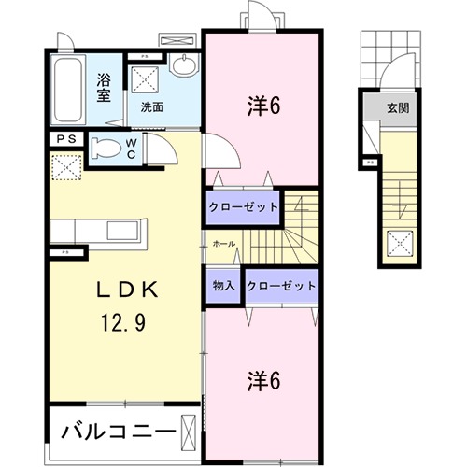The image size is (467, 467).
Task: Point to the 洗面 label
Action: point(152,107)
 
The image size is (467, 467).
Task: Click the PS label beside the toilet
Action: point(65,140)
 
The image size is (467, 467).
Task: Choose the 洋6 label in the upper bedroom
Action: point(264,105)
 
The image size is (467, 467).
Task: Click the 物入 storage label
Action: point(223,286)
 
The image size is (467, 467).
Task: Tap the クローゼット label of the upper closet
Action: point(243,206)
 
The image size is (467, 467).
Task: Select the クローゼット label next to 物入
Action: point(281,286)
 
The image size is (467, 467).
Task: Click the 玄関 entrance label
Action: point(398,106)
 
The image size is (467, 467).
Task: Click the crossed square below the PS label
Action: point(66,167)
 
